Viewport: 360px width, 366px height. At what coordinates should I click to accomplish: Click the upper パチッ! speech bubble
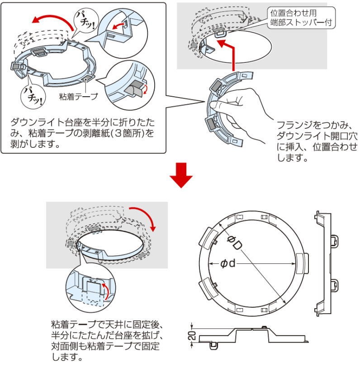[85, 20]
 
